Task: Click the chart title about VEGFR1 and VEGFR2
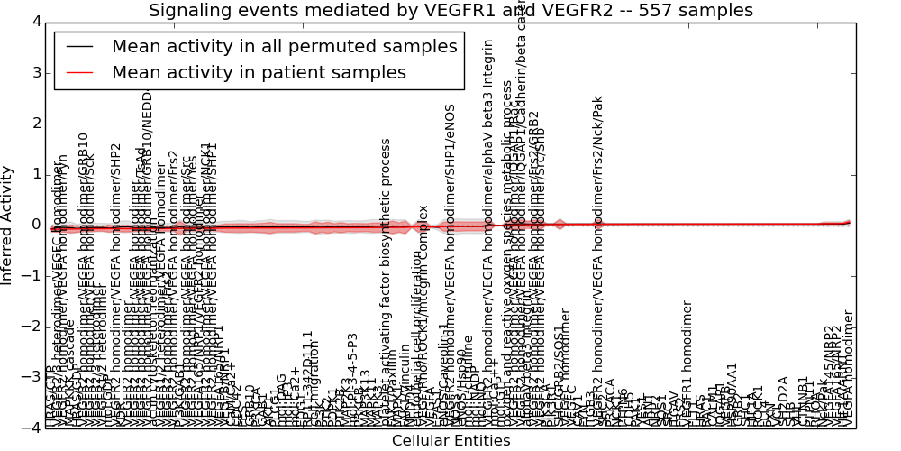pos(450,10)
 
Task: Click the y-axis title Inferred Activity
pos(8,225)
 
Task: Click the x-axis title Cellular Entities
pos(450,441)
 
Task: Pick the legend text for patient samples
pos(259,73)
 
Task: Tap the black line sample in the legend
pos(79,47)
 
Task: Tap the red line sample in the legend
pos(79,73)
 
